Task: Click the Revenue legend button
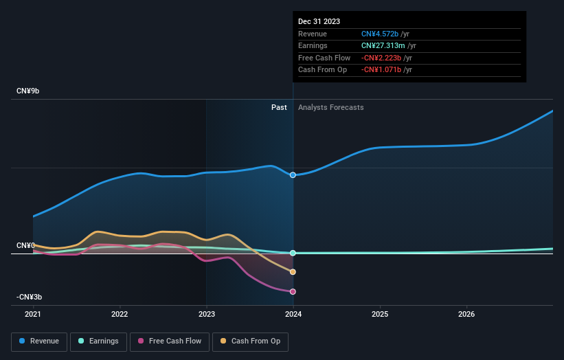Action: [x=39, y=341]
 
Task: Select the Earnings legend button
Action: [x=98, y=341]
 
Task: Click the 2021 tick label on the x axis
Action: [x=33, y=315]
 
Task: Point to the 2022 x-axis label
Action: [x=120, y=315]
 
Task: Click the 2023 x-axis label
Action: [x=206, y=315]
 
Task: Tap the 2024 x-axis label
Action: [x=293, y=315]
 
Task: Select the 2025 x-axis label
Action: [x=380, y=315]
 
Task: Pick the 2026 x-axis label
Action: [x=466, y=315]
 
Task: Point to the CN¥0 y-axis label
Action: [x=26, y=245]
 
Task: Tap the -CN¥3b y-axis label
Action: [x=30, y=297]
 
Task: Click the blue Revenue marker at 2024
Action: [x=293, y=175]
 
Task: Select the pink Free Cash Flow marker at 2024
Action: [x=293, y=291]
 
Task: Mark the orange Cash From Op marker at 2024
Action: [x=293, y=272]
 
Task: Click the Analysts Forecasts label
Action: [x=330, y=107]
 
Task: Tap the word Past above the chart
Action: [x=279, y=107]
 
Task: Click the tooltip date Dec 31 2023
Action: [x=319, y=22]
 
